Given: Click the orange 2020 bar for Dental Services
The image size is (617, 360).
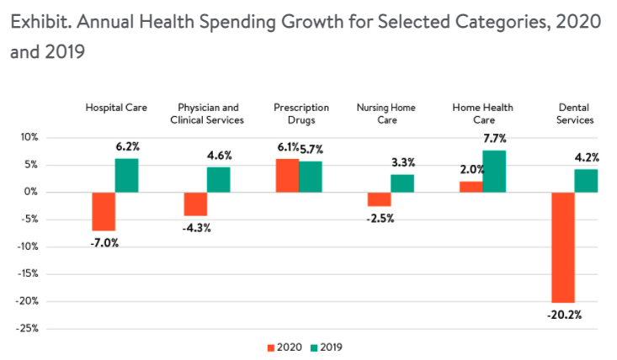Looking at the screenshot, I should coord(563,246).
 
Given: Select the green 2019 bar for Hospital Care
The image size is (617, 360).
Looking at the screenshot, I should coord(126,175).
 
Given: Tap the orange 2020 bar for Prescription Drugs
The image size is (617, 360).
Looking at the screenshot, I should coord(287,175).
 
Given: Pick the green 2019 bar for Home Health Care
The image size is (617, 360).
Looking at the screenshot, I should coord(494,171).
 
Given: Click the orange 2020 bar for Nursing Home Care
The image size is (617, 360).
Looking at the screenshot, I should coord(379,199).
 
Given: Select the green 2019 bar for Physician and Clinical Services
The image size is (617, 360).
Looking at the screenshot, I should coord(218,179).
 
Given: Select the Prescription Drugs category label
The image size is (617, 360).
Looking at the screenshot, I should coord(301,114).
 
